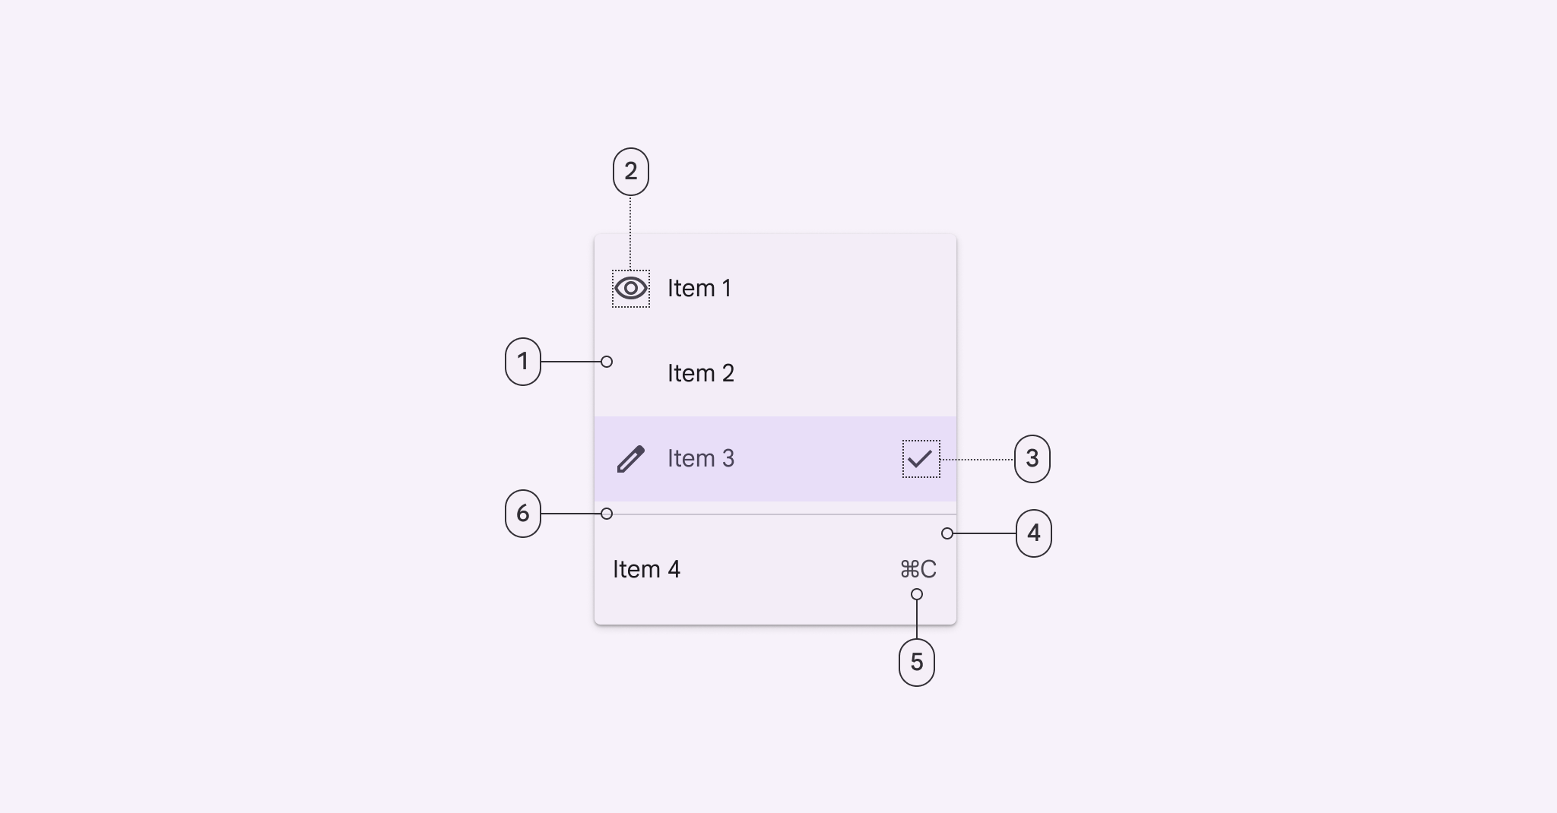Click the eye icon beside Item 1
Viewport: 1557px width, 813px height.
click(631, 289)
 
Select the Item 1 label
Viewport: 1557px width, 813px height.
click(699, 289)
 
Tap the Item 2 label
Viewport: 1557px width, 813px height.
click(701, 374)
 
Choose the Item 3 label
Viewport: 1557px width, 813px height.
click(701, 459)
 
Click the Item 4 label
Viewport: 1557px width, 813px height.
click(646, 570)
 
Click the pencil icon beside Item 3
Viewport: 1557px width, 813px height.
click(631, 459)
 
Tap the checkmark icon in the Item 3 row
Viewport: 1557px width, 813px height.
click(920, 459)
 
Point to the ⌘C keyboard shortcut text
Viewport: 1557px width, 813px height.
click(918, 569)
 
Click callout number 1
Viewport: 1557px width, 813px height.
click(523, 362)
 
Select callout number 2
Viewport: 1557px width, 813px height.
click(631, 172)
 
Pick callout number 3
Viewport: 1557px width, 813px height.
click(1032, 459)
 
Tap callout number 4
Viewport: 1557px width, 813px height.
click(1034, 533)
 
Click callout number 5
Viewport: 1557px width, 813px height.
click(917, 663)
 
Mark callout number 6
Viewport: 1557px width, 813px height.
click(523, 514)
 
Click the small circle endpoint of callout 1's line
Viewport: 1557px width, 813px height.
click(607, 362)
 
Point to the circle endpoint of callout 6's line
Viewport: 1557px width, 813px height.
click(607, 514)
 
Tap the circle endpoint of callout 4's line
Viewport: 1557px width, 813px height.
click(947, 533)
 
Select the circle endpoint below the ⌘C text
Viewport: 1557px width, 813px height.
click(917, 594)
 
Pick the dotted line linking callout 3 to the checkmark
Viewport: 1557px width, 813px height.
click(978, 459)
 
